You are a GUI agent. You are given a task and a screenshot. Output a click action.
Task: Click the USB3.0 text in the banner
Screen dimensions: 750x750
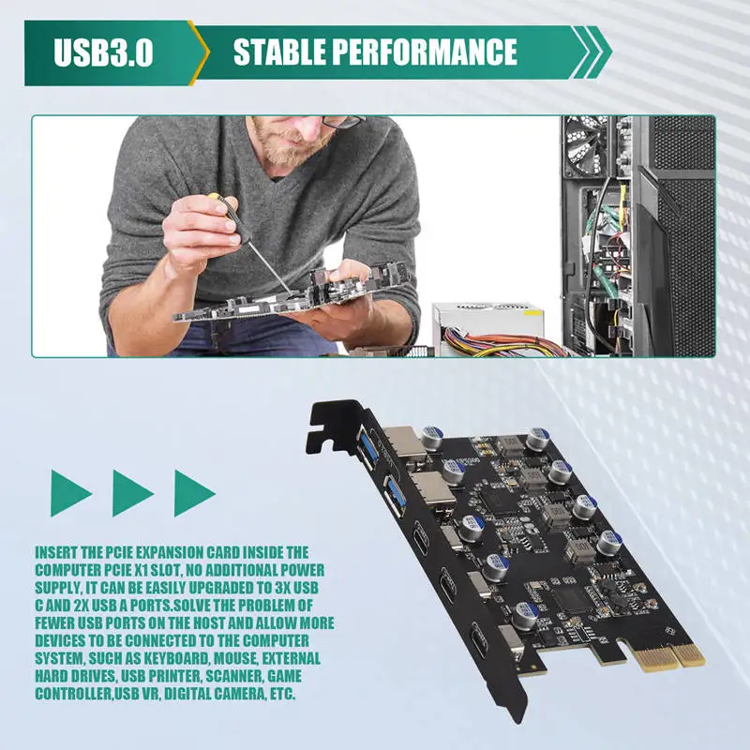pos(103,52)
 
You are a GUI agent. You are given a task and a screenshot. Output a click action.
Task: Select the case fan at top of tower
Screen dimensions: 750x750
pos(587,146)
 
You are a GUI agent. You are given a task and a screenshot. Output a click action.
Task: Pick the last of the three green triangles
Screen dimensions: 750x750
pos(194,493)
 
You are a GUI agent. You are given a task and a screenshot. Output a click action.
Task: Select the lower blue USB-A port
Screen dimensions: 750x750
pos(396,495)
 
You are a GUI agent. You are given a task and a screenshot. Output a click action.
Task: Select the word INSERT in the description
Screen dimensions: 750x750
pos(55,552)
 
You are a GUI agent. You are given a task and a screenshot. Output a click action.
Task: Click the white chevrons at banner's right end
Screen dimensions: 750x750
pos(592,52)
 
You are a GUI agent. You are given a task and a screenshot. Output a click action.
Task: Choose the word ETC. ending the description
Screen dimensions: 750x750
pos(283,694)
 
